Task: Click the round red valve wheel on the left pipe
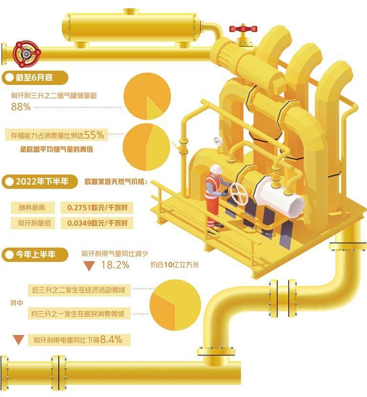[x=26, y=54]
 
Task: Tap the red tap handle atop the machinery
[x=243, y=28]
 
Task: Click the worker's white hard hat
[x=216, y=169]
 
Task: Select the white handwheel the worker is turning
[x=239, y=194]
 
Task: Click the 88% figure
[x=21, y=107]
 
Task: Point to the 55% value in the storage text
[x=94, y=135]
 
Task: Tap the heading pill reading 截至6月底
[x=35, y=77]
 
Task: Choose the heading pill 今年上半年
[x=35, y=254]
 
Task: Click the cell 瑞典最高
[x=32, y=208]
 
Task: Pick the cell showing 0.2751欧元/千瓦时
[x=97, y=208]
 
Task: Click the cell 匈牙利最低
[x=32, y=223]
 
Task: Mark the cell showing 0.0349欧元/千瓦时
[x=97, y=223]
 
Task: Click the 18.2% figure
[x=115, y=265]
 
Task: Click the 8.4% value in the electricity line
[x=111, y=339]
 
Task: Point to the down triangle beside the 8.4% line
[x=19, y=340]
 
